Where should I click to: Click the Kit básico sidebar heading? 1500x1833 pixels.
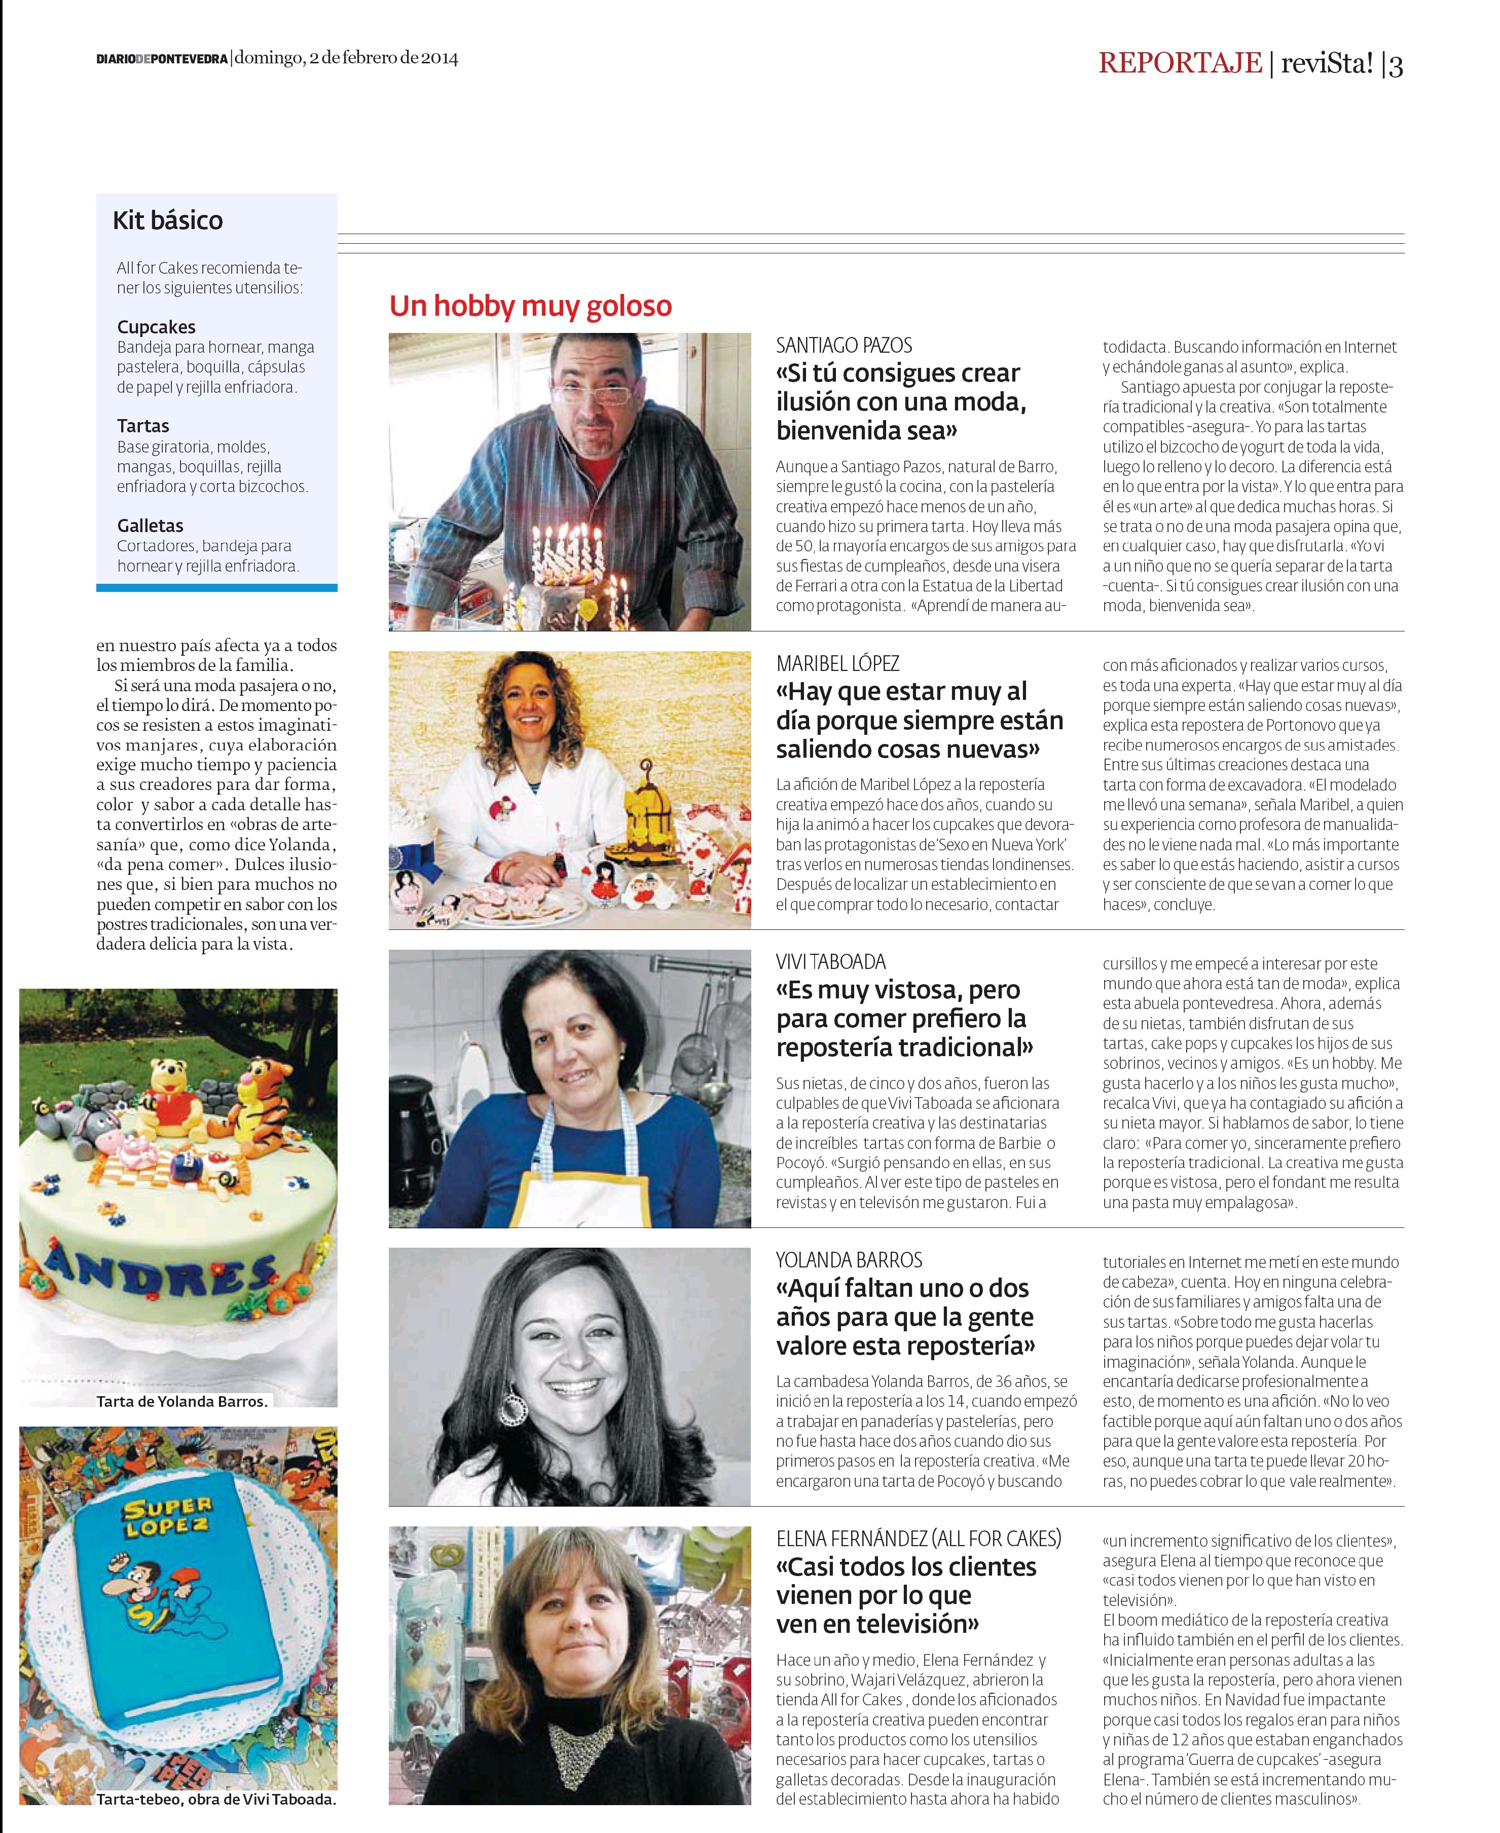(x=168, y=220)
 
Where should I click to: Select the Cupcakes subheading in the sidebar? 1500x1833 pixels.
(x=157, y=326)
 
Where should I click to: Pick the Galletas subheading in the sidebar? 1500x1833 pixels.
(x=151, y=525)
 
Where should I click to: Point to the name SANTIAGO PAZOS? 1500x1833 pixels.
(x=844, y=346)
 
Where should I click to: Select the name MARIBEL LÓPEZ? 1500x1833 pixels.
(x=837, y=663)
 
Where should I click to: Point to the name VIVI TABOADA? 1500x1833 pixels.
(x=830, y=961)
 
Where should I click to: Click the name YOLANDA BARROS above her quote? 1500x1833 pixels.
(x=849, y=1259)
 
